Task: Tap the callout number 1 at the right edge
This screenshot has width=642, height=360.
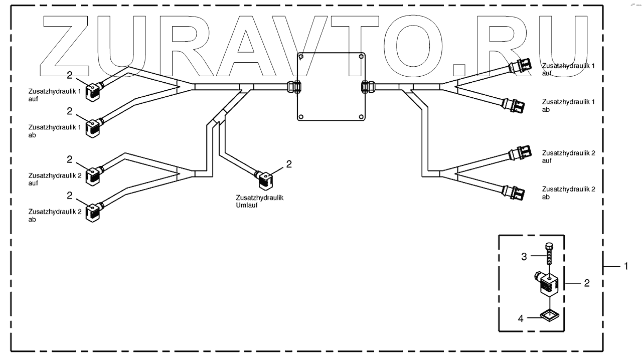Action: (625, 267)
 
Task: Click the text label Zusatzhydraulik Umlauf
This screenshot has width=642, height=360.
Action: (260, 201)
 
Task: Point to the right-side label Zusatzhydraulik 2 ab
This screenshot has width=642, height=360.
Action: (568, 193)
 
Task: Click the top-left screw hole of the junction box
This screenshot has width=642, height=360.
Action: (301, 57)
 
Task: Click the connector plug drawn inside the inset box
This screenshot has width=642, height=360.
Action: (548, 283)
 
